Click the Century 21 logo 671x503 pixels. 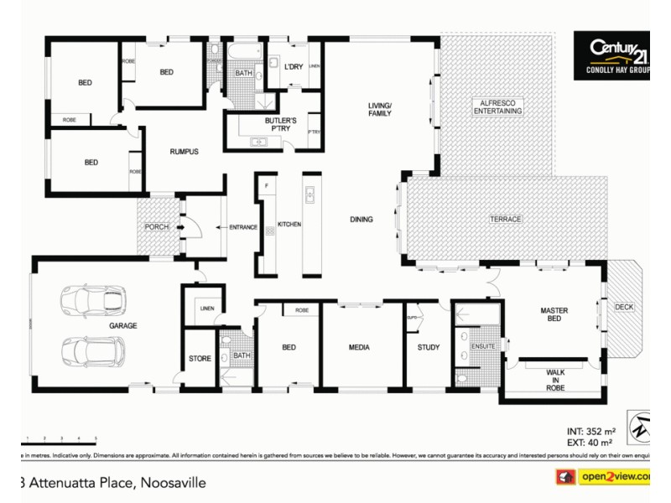point(610,55)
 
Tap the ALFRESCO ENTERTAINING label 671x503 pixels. point(497,106)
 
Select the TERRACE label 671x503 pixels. point(506,219)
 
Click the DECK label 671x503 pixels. point(624,307)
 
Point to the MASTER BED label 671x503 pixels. point(554,315)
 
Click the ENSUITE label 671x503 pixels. point(483,346)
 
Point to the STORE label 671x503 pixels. point(200,359)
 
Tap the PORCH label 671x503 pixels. point(157,227)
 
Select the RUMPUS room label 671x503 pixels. point(184,152)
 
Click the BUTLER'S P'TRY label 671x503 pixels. point(280,125)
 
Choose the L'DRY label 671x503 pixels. point(293,66)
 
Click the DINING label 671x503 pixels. point(362,220)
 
